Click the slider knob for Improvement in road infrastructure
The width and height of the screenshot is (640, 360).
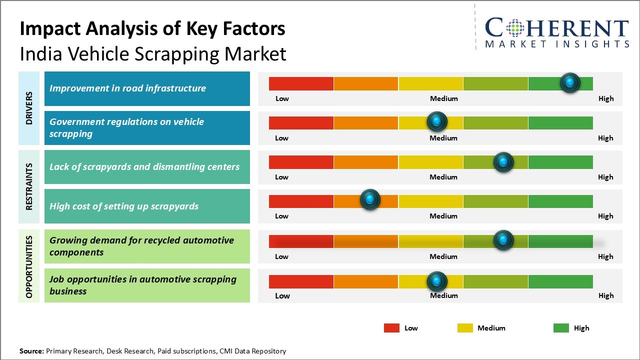570,83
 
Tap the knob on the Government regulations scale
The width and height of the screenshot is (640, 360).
437,121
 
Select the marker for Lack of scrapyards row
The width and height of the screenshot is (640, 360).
503,162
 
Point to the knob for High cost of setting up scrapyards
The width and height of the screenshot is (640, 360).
370,200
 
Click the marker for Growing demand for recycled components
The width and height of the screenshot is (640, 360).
503,240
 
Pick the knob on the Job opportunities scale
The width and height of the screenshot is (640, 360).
437,281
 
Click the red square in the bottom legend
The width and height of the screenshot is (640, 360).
391,328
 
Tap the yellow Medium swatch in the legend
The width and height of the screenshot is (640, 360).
465,328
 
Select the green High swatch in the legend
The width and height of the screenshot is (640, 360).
561,328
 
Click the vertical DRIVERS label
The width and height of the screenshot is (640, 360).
29,108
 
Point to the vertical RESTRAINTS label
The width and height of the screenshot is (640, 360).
29,186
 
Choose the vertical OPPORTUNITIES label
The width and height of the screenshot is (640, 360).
29,266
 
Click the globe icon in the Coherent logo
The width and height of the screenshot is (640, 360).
514,28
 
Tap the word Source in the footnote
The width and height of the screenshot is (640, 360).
31,351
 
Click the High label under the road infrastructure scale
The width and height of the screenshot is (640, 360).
605,98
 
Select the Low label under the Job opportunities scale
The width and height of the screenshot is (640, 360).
282,295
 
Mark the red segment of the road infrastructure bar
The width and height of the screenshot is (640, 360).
301,83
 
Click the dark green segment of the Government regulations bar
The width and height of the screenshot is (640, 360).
560,122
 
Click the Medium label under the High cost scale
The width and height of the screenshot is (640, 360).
443,216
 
